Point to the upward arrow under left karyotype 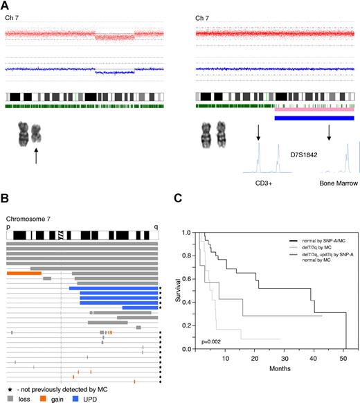click(x=35, y=156)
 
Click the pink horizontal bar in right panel click(x=314, y=109)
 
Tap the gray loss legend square click(x=10, y=398)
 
